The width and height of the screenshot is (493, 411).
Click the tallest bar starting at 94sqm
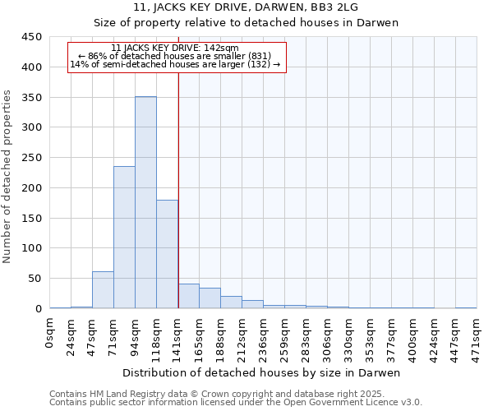point(145,202)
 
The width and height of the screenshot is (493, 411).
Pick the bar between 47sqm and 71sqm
point(103,289)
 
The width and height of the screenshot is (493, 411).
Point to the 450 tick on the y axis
point(32,37)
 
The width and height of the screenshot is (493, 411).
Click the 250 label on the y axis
point(32,158)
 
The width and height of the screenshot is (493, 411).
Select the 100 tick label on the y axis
point(32,248)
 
